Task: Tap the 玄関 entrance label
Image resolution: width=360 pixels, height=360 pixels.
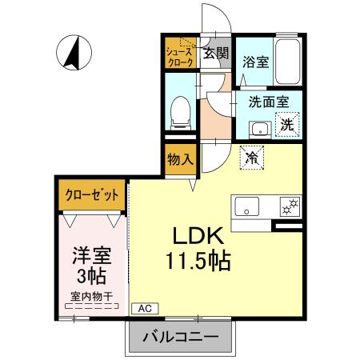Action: coord(214,54)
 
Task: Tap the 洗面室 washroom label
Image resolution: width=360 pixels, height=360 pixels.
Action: coord(263,102)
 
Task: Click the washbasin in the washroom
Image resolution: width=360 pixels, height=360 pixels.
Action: coord(260,128)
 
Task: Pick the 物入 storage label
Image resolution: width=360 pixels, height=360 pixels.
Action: coord(180,158)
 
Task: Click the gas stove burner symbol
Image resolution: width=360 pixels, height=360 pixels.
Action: coord(289,206)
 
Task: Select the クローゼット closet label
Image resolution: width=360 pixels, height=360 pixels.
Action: coord(90,194)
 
